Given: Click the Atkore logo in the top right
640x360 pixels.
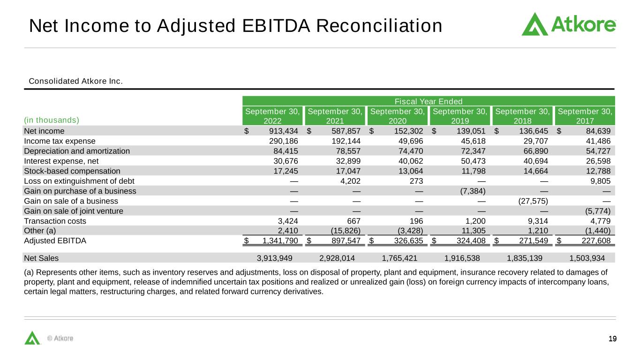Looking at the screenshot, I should (x=568, y=24).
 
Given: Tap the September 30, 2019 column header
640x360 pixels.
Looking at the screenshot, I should (x=459, y=116).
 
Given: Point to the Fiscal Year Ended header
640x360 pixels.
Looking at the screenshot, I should (x=429, y=101).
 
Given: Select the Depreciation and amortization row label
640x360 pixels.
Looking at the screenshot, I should (x=77, y=151).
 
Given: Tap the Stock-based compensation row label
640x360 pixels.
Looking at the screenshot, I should (x=72, y=171).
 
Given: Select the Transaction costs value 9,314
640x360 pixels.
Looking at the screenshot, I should (x=537, y=221).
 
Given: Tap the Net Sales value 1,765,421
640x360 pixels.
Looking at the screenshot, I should (x=400, y=258).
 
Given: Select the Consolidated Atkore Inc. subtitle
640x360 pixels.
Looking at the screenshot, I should (x=76, y=82).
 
